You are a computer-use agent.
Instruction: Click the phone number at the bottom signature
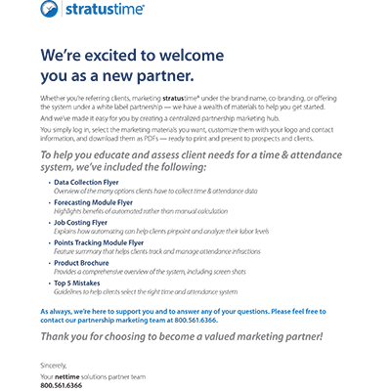pyautogui.click(x=61, y=385)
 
